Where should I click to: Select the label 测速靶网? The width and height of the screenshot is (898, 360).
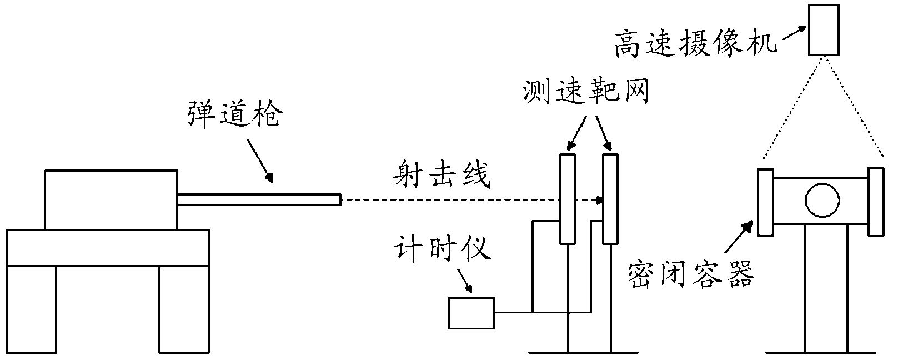click(x=586, y=93)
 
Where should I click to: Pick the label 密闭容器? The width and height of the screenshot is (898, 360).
click(x=691, y=273)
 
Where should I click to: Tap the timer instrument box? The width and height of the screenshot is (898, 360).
click(x=471, y=313)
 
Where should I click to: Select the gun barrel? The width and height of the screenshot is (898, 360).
click(x=259, y=199)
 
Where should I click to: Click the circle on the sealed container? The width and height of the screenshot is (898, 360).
click(x=822, y=200)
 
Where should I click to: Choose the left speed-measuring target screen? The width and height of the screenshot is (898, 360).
click(x=567, y=198)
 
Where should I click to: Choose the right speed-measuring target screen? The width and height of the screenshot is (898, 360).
click(x=610, y=198)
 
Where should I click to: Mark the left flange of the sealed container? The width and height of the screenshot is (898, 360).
click(x=765, y=202)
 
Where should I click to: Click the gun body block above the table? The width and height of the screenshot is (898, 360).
click(x=111, y=199)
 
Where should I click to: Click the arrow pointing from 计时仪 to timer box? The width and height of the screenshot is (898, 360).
click(x=464, y=281)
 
